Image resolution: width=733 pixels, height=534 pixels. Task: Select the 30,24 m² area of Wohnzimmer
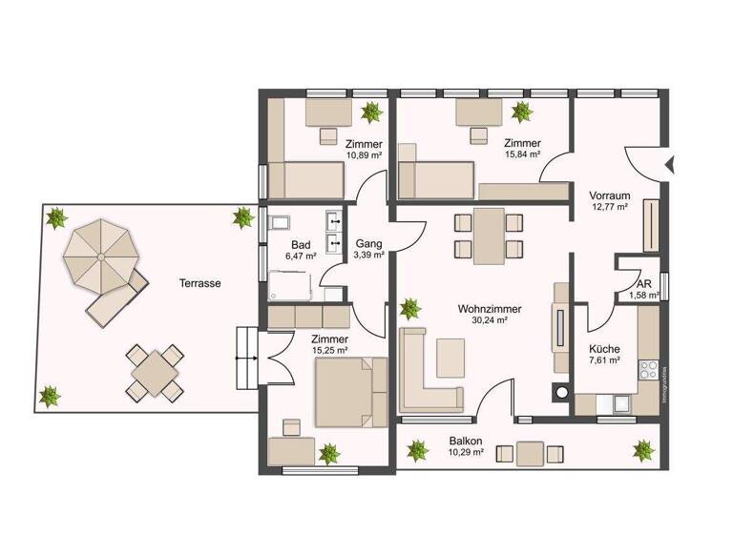(x=488, y=321)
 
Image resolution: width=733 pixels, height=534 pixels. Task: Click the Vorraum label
(x=608, y=193)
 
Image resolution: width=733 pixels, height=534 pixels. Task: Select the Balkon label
(x=466, y=441)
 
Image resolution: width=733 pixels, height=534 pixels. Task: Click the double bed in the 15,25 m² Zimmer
(x=349, y=390)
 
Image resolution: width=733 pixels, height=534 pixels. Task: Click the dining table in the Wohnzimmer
(x=488, y=235)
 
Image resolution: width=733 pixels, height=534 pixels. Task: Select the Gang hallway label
(x=368, y=243)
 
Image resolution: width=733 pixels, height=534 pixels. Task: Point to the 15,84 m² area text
(x=522, y=154)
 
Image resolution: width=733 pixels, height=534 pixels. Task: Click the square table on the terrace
(x=155, y=372)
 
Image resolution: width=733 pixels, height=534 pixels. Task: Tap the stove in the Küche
(x=652, y=368)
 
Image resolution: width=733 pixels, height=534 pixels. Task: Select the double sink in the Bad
(x=334, y=233)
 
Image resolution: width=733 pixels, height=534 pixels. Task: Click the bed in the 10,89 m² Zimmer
(x=305, y=178)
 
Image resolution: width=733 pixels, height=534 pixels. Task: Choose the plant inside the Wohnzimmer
(x=409, y=308)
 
